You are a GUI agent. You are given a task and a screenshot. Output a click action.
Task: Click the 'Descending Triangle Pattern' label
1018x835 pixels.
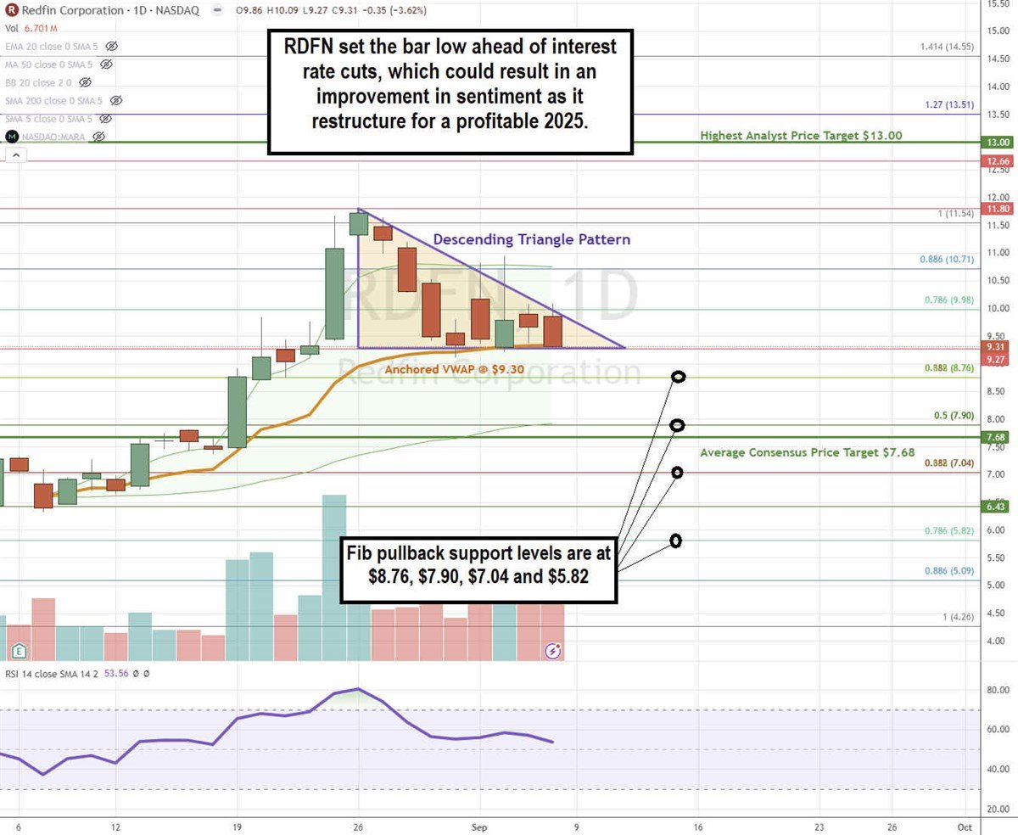coord(532,239)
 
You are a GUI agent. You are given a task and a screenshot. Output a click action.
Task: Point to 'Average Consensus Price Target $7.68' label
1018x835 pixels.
coord(807,453)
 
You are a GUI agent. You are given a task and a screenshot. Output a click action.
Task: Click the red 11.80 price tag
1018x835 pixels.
coord(993,209)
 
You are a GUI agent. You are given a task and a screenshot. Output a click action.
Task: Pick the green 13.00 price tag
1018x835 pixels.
coord(993,143)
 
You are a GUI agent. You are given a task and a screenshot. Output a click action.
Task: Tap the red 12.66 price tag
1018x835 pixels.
coord(993,160)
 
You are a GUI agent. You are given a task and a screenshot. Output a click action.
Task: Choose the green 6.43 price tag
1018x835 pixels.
coord(993,506)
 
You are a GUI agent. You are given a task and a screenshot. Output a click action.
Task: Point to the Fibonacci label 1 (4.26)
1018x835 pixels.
coord(954,617)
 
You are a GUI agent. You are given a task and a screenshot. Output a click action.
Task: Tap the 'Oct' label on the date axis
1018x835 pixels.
coord(964,824)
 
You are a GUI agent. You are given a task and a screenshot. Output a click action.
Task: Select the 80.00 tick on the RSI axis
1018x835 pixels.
coord(995,690)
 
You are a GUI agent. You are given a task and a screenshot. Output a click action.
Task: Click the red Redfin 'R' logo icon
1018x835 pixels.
coord(12,11)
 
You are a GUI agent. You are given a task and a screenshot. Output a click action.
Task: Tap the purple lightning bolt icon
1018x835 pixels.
coord(553,651)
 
